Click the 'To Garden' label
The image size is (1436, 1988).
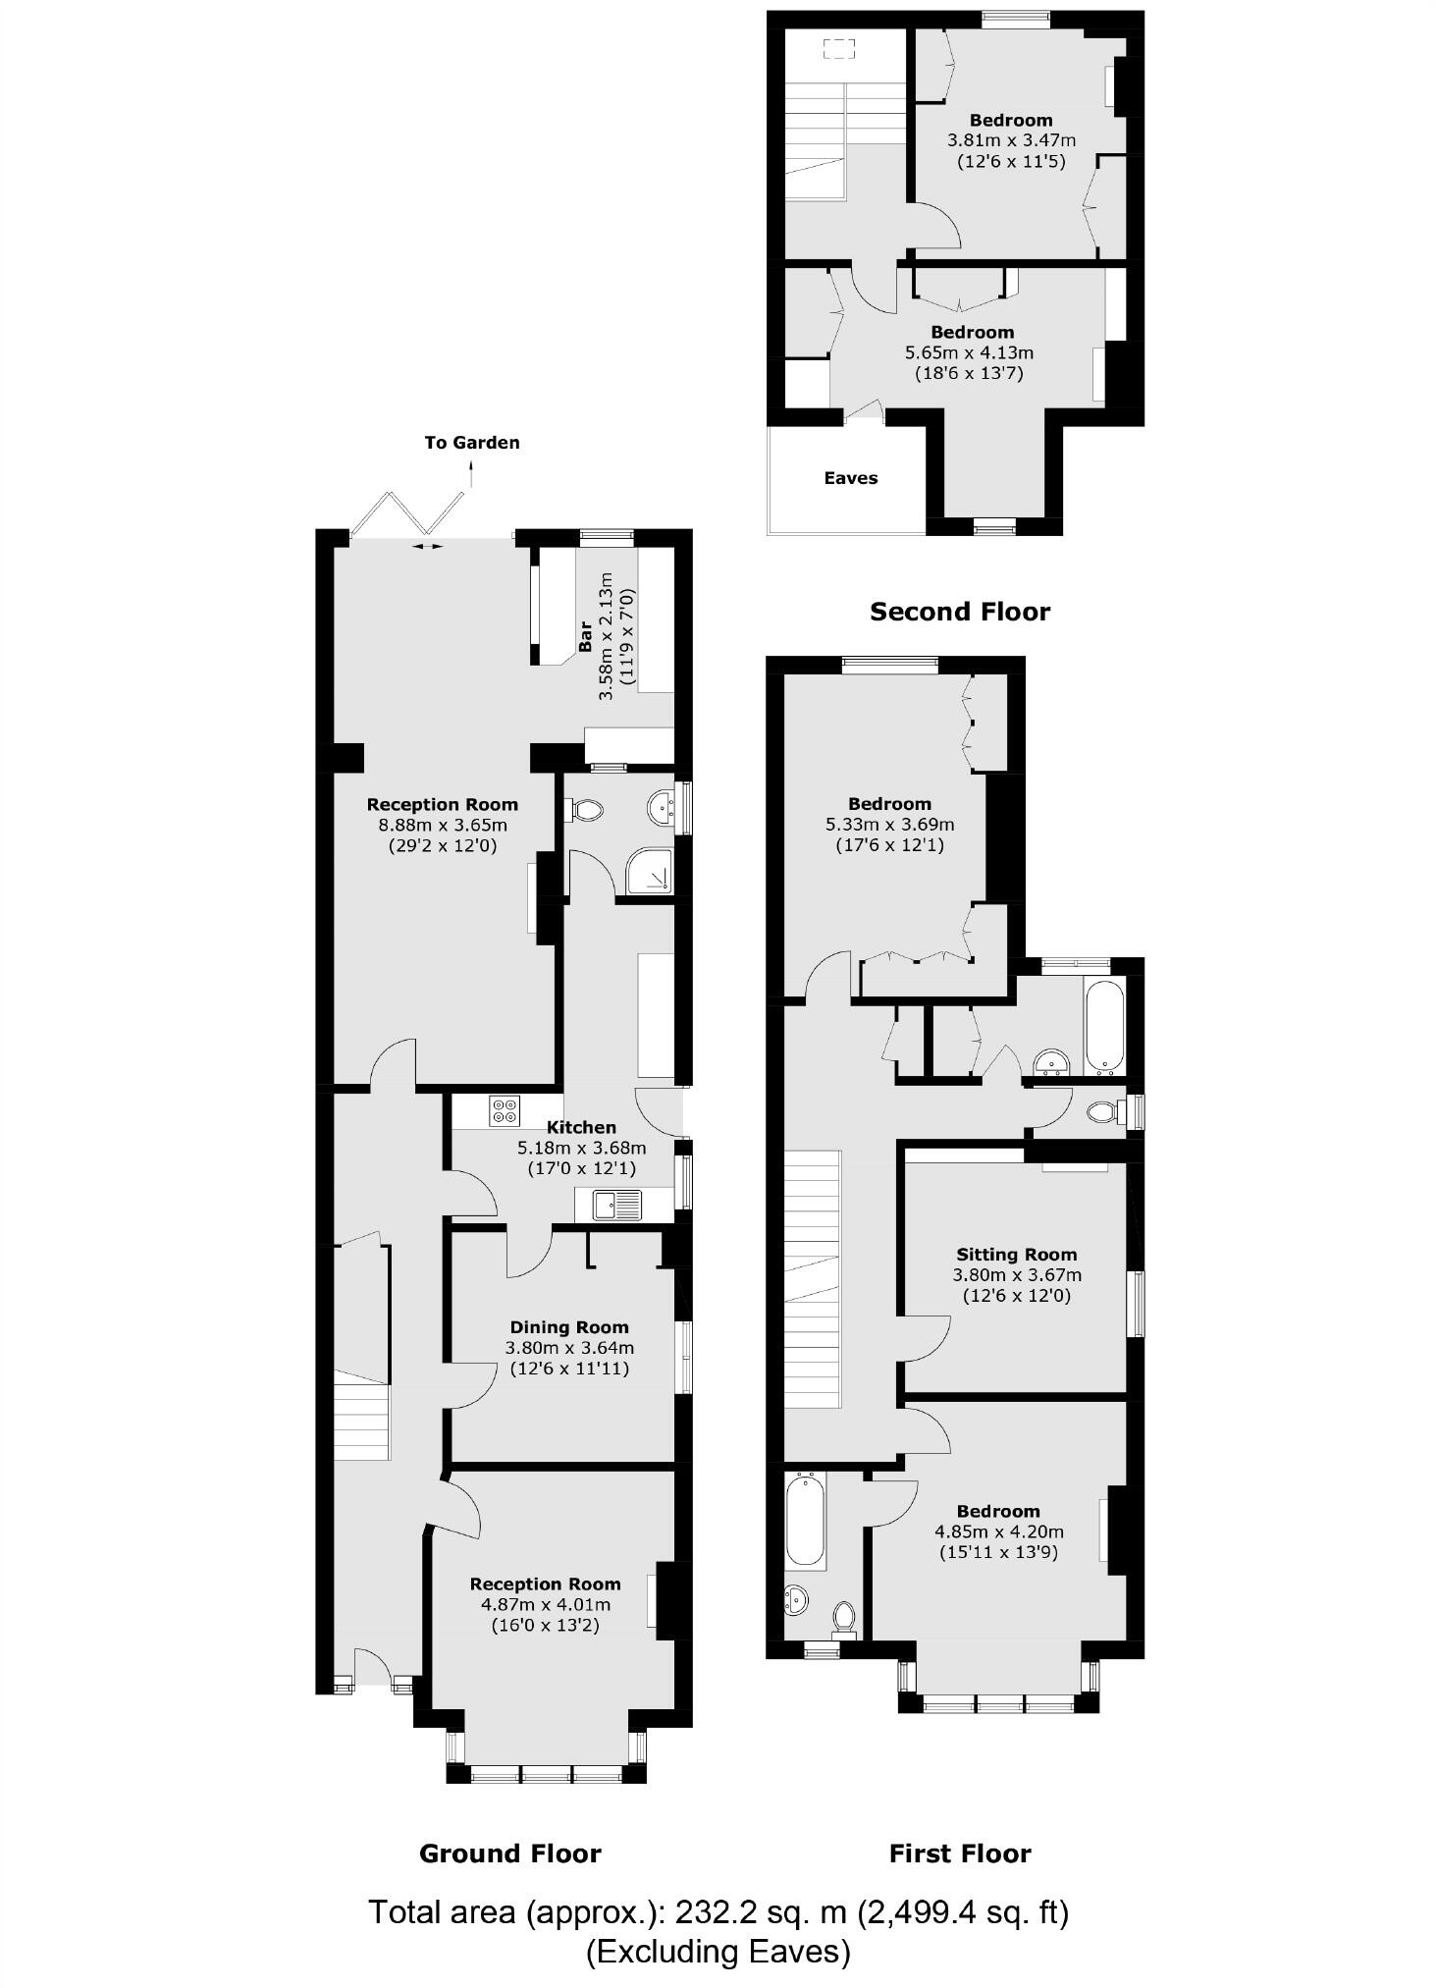click(471, 443)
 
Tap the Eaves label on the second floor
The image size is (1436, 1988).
click(850, 478)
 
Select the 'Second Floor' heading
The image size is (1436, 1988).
click(959, 612)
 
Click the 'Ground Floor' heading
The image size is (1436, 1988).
click(509, 1854)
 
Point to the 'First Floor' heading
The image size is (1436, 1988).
click(959, 1854)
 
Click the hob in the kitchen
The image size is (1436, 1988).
click(505, 1109)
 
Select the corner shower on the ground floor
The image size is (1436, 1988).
click(651, 870)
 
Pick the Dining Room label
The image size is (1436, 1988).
click(568, 1327)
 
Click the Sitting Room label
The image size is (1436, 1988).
click(1016, 1255)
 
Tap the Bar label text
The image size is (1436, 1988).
click(585, 637)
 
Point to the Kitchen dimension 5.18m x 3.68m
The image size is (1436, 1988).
click(581, 1148)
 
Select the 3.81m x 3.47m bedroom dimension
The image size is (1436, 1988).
click(1010, 140)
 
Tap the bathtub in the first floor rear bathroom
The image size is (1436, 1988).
click(1104, 1026)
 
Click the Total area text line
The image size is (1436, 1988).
click(718, 1912)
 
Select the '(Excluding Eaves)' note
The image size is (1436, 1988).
click(718, 1951)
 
